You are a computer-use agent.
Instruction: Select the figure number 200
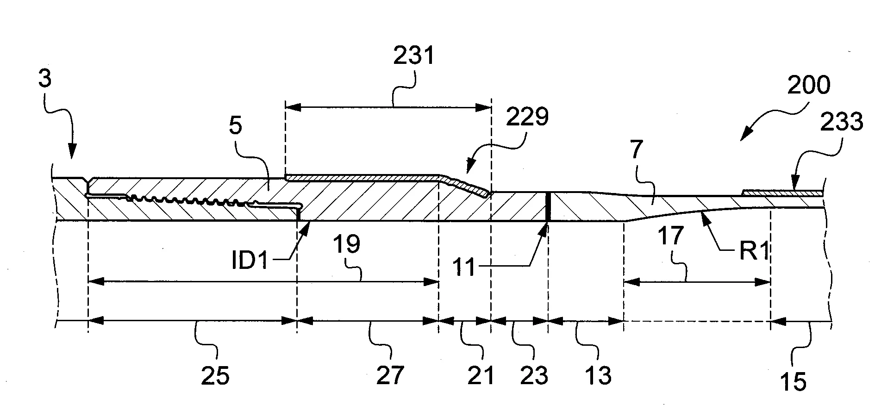click(808, 85)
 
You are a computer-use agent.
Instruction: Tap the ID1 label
click(250, 262)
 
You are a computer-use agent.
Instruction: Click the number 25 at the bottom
click(215, 375)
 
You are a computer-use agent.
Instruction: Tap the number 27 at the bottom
click(390, 375)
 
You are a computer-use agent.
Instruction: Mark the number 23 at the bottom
click(534, 375)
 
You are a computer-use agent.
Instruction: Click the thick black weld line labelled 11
click(547, 206)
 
